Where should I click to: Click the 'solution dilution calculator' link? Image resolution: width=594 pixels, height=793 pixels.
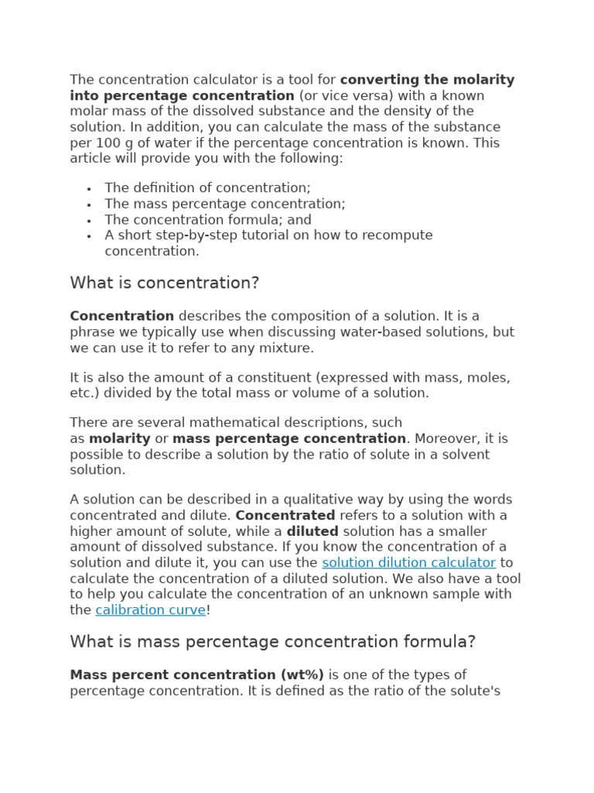(408, 563)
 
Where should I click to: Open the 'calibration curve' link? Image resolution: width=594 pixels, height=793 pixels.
(151, 610)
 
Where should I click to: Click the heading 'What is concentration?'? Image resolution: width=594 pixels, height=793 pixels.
(165, 283)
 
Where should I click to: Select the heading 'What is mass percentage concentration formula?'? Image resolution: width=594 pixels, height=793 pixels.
(272, 642)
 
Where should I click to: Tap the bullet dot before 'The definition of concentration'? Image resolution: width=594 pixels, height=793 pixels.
(90, 189)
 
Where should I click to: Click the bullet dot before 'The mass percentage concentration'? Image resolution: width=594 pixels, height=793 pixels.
(90, 204)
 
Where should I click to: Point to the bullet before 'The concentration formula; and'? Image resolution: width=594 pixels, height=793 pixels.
(90, 221)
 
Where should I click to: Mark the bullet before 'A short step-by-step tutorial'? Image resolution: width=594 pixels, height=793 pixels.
(90, 236)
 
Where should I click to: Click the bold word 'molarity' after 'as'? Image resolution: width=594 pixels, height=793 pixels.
(120, 439)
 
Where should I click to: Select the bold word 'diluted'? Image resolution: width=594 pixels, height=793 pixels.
(312, 532)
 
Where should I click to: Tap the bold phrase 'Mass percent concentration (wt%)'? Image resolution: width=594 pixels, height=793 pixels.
(196, 675)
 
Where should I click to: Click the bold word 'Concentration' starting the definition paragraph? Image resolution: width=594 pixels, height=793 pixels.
(121, 316)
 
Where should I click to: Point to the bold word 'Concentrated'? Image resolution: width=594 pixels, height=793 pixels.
(285, 516)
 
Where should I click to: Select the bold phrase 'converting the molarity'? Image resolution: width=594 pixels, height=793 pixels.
(427, 80)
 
